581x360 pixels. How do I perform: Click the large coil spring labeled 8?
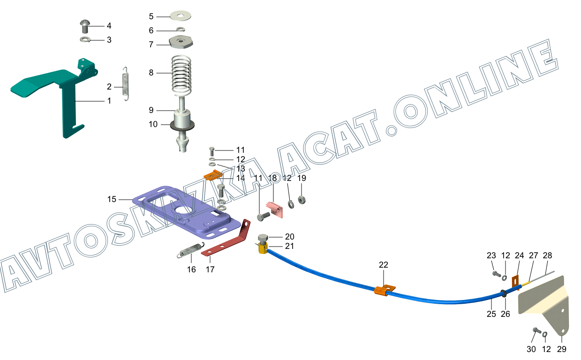coord(181,74)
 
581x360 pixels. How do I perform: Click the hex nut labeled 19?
coord(302,200)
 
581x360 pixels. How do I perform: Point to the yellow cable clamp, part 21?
coord(262,247)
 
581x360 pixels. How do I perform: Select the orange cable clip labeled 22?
coord(384,291)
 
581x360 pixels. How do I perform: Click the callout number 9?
coord(151,110)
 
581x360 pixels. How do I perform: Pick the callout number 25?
coord(491,314)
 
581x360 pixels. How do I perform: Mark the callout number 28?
coord(547,255)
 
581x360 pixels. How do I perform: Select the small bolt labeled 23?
coord(495,273)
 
